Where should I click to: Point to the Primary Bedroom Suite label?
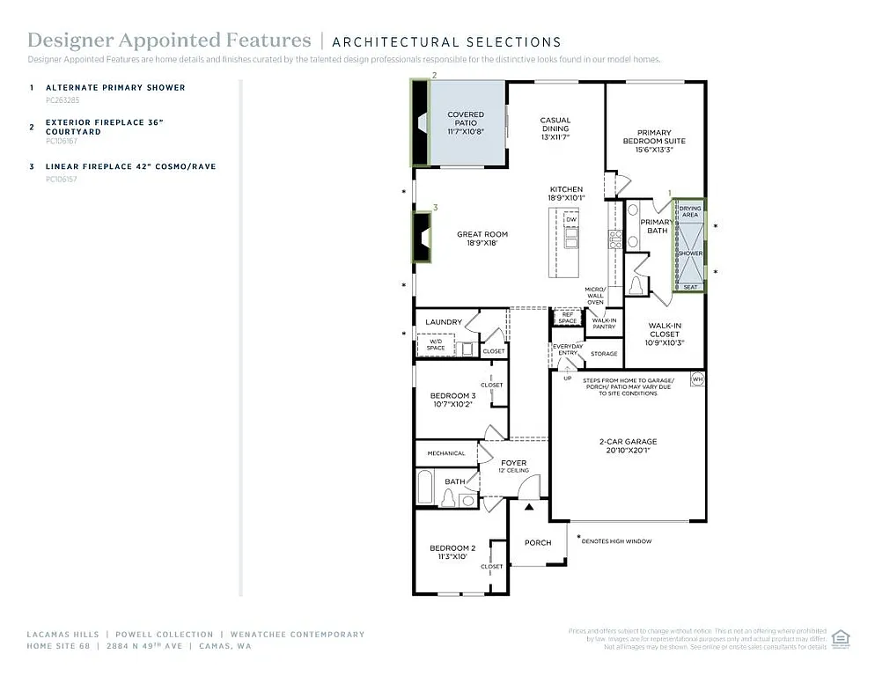coord(654,136)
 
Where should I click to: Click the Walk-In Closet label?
coord(665,334)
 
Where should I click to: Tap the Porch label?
coord(538,542)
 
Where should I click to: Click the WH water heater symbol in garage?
coord(697,379)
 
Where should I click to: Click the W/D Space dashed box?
coord(436,344)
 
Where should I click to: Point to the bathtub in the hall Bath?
coord(425,487)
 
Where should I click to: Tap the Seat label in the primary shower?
coord(690,287)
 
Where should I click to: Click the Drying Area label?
coord(690,211)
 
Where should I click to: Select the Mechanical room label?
coord(446,453)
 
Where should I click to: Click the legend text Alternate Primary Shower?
coord(115,87)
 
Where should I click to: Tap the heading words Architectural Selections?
coord(446,41)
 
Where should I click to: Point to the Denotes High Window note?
coord(616,541)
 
